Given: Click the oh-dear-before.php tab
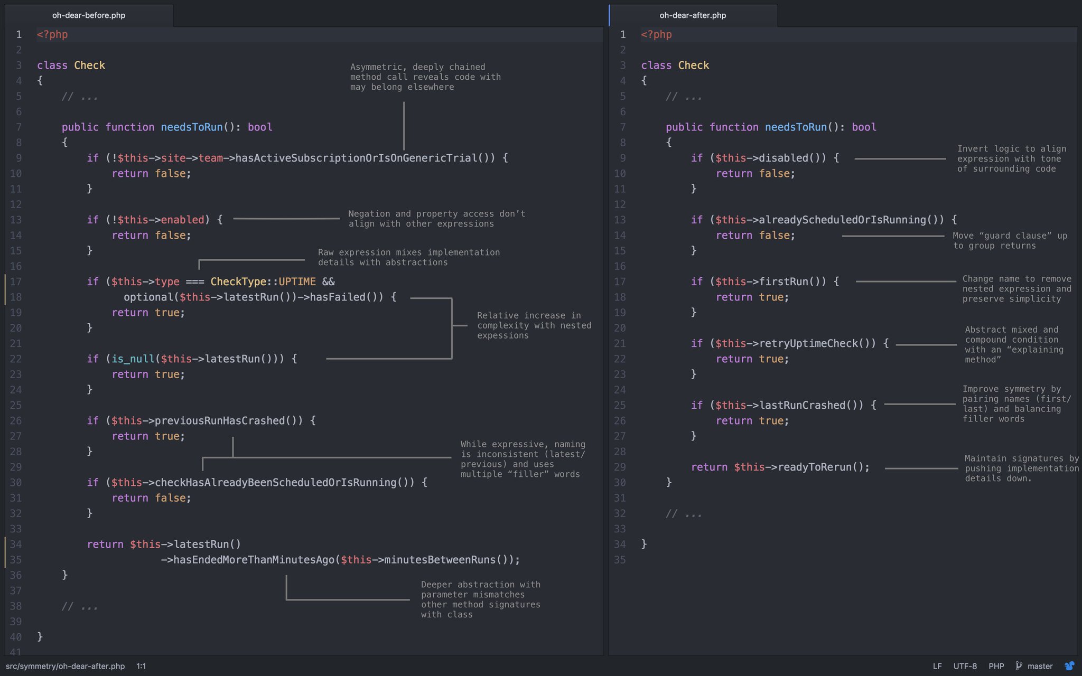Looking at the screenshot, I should tap(89, 15).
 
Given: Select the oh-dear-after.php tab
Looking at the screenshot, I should tap(692, 15).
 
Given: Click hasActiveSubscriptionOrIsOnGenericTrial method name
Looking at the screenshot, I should tap(356, 158).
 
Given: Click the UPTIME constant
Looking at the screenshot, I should tap(297, 281).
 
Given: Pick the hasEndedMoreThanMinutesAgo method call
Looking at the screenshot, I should tap(254, 560).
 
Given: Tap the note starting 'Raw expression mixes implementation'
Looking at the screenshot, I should tap(408, 257).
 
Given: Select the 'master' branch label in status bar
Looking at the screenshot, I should tap(1040, 666).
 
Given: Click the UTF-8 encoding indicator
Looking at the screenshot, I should tap(965, 666).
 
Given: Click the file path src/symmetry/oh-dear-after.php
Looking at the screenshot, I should tap(65, 666).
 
